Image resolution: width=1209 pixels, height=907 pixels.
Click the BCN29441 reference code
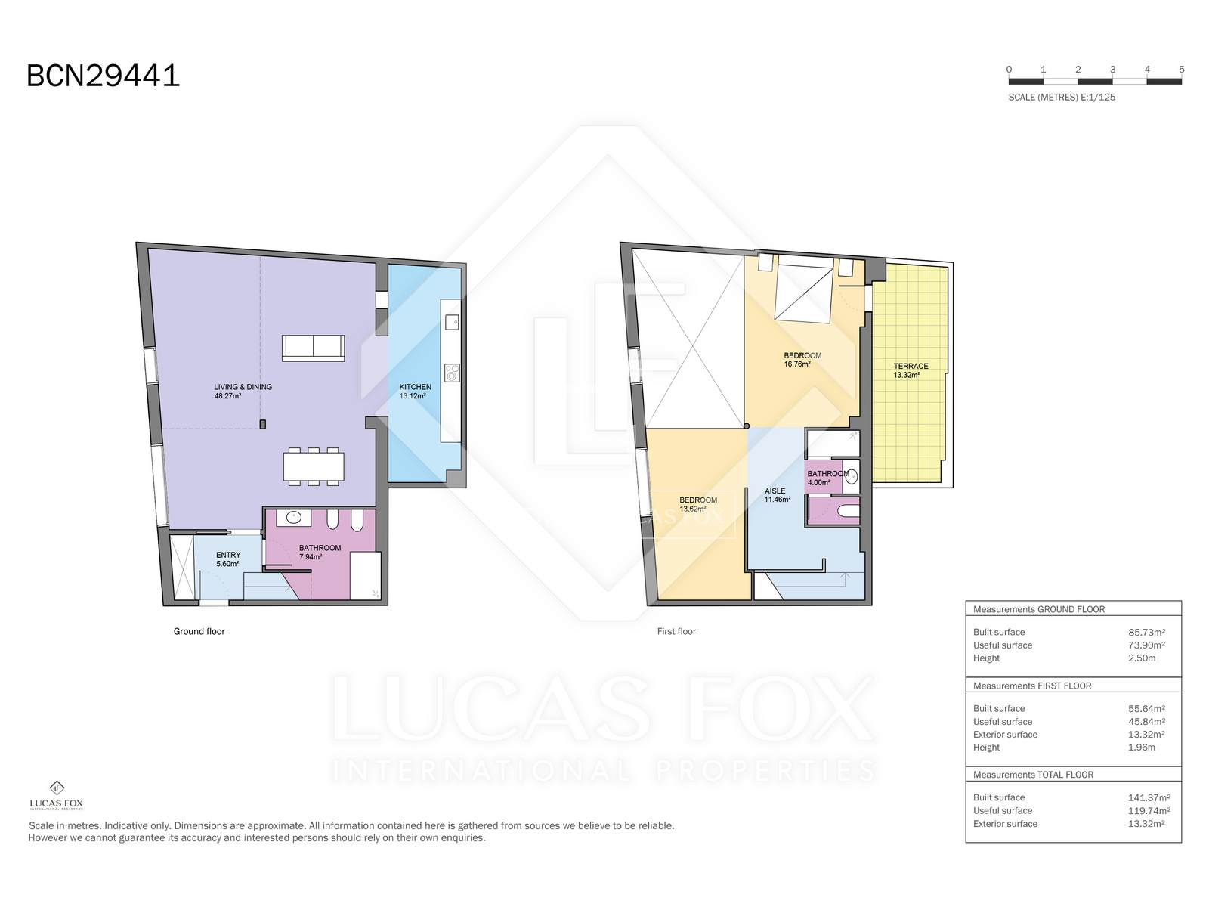(x=103, y=76)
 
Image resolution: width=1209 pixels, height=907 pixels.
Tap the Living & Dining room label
(x=243, y=391)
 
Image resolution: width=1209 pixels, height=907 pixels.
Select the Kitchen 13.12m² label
(x=416, y=391)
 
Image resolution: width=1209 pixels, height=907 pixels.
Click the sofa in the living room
(x=314, y=348)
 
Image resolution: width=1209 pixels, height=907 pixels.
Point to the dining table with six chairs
(x=314, y=466)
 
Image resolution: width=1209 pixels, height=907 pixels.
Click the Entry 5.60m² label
(x=228, y=559)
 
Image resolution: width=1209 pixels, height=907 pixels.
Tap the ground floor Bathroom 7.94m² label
(x=320, y=552)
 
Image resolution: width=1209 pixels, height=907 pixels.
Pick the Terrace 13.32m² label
(x=911, y=370)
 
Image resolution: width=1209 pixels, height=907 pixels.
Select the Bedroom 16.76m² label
(x=802, y=360)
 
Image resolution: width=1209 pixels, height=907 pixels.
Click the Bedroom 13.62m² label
(x=698, y=504)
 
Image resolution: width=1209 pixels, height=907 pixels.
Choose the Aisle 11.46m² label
(x=777, y=495)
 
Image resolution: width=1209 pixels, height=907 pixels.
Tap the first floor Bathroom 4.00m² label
(x=828, y=478)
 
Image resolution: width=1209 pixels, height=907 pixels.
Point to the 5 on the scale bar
(x=1182, y=70)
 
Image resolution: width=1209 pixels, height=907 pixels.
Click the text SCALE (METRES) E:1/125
(x=1062, y=98)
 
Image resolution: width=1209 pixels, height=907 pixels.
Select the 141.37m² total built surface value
(x=1149, y=797)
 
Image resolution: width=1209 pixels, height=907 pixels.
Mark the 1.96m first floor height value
(x=1141, y=748)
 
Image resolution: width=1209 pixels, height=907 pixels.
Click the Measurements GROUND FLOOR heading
(x=1039, y=609)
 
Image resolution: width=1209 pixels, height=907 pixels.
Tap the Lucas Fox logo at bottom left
(x=56, y=795)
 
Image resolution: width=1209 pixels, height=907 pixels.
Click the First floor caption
(x=676, y=631)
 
